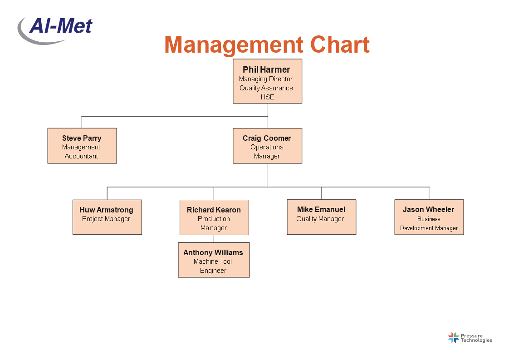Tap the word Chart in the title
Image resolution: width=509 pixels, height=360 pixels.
[340, 44]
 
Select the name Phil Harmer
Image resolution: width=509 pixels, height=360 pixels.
[266, 69]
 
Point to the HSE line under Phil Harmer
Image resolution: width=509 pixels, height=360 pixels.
[268, 97]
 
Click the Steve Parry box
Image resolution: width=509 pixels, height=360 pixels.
[82, 146]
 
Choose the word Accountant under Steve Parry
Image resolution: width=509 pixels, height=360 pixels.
[81, 156]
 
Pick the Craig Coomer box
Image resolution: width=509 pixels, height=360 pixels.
[268, 146]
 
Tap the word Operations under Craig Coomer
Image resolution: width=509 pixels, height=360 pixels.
[267, 147]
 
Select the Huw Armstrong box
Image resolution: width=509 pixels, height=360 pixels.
[107, 217]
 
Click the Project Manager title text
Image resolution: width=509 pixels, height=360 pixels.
[106, 219]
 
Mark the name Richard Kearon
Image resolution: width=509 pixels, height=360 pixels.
[214, 210]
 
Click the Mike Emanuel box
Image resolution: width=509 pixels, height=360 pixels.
[321, 217]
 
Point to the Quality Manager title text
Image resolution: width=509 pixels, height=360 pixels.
[320, 219]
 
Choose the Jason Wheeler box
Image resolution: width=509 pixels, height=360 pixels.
[429, 217]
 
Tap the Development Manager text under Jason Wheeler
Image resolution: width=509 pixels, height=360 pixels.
[429, 228]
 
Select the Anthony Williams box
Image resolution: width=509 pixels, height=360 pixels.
[214, 260]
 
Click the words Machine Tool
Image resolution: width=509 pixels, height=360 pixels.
[213, 261]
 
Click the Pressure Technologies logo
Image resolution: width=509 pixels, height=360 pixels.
[470, 338]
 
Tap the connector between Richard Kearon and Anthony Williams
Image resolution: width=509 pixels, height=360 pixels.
[214, 239]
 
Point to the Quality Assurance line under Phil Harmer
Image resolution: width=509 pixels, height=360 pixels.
[266, 88]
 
